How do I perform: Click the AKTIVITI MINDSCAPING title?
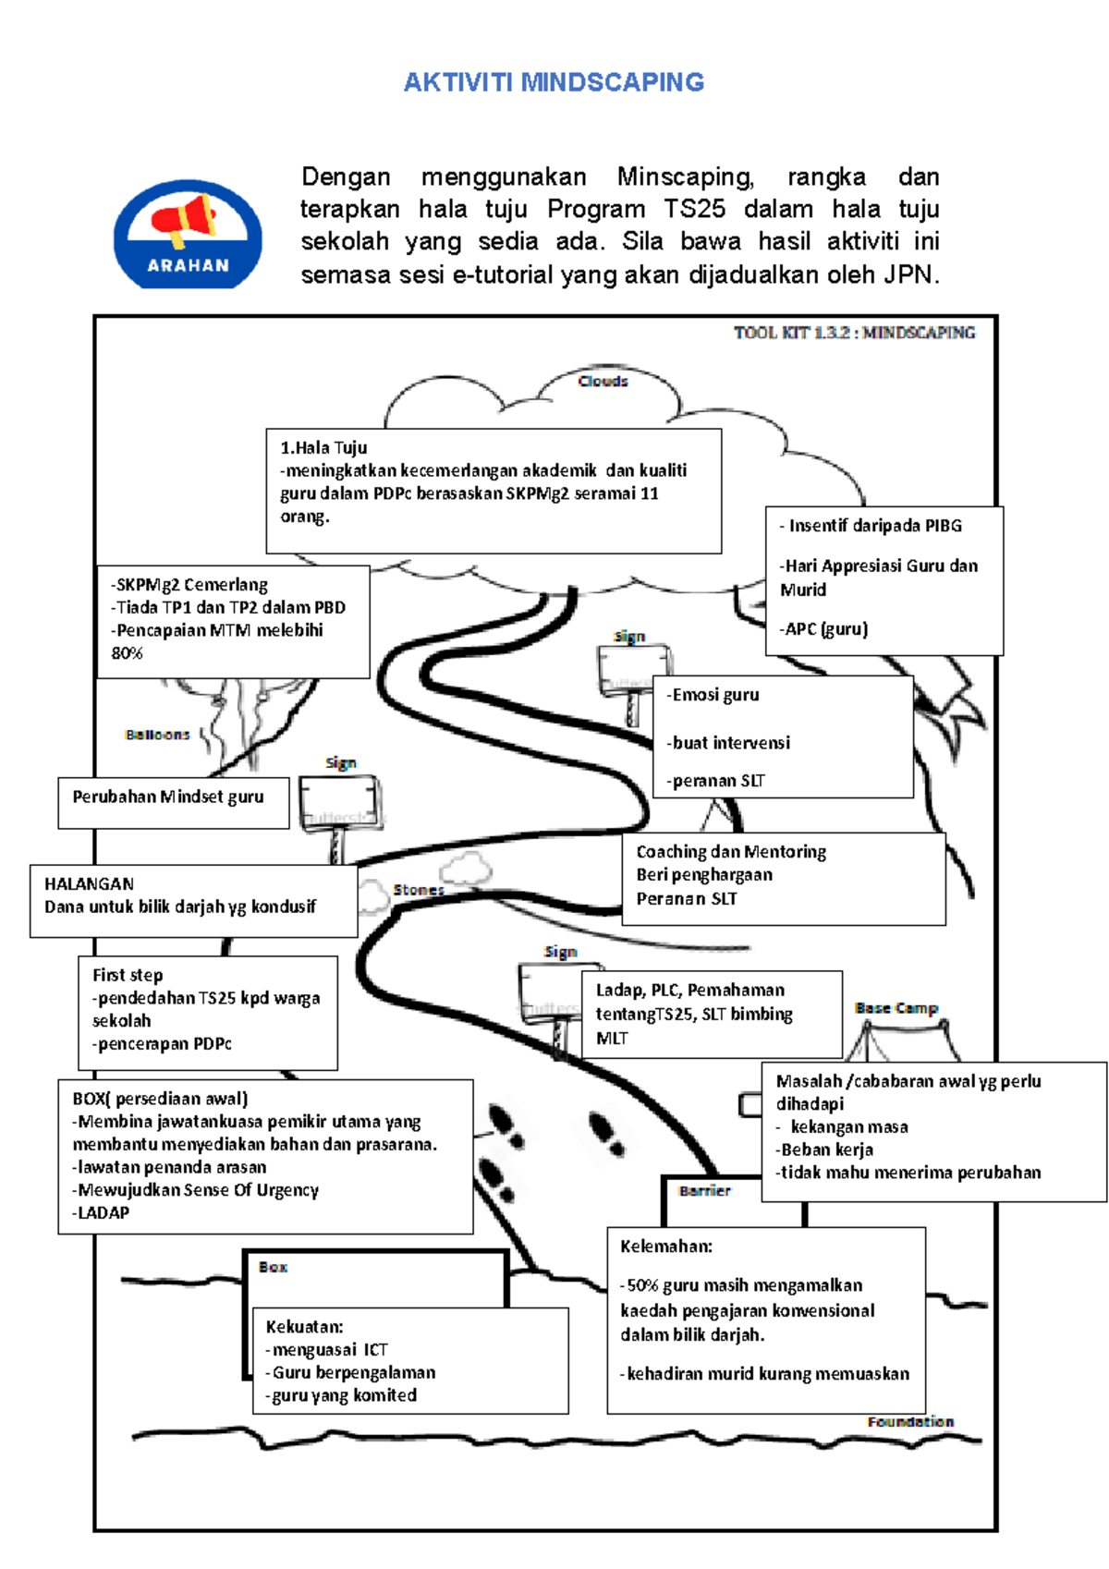coord(554,82)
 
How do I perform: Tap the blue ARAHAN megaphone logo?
coord(188,234)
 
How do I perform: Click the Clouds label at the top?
coord(603,381)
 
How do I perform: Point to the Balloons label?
coord(157,735)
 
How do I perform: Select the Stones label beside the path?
coord(419,890)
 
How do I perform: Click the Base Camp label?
coord(896,1008)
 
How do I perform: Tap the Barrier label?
coord(704,1191)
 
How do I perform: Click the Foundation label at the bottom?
coord(910,1421)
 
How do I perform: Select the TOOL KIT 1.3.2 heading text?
coord(854,333)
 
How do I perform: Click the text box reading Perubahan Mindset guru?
coord(168,797)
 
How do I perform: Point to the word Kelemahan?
coord(666,1247)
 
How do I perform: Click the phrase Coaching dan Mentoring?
coord(731,852)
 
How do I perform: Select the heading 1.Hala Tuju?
coord(323,448)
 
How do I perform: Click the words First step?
coord(128,975)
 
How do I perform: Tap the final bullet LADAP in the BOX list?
coord(103,1212)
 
